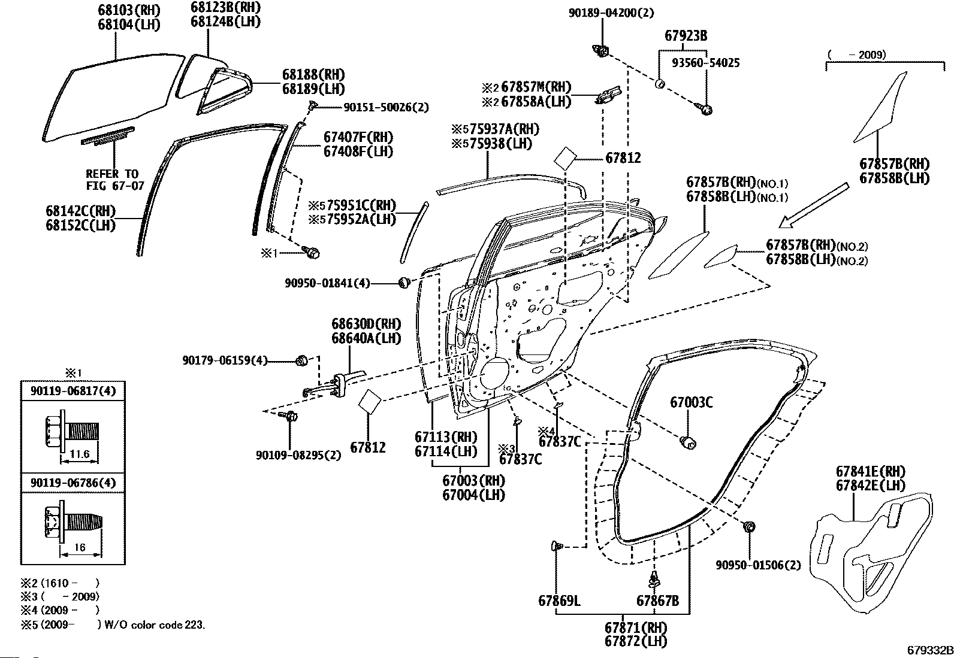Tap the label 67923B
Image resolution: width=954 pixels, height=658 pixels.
[686, 36]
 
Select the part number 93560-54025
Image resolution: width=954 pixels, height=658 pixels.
[705, 62]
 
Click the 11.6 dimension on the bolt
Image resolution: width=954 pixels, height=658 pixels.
[79, 454]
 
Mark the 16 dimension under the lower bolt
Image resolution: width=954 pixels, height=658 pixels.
[80, 547]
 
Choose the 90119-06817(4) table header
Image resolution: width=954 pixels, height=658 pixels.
[73, 391]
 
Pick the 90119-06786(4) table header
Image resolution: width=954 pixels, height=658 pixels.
[73, 483]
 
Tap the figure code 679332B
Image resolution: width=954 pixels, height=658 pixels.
[929, 650]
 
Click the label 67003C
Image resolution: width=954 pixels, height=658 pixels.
[691, 403]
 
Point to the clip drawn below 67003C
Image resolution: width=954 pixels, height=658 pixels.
[689, 442]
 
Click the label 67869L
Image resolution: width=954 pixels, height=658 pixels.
[558, 601]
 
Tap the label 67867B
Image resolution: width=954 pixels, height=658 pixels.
[657, 601]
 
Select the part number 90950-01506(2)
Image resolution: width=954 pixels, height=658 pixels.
[757, 565]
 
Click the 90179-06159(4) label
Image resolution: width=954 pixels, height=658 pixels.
[225, 360]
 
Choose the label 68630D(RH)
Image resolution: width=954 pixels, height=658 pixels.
[366, 324]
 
